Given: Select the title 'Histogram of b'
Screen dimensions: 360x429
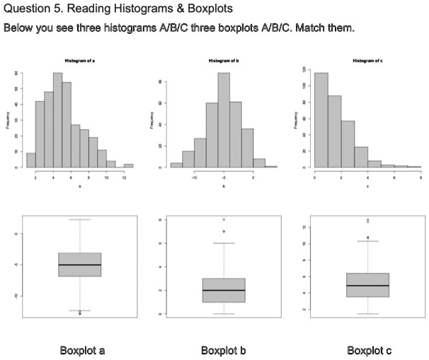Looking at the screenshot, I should point(224,63).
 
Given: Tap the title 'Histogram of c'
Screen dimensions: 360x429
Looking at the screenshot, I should point(367,63).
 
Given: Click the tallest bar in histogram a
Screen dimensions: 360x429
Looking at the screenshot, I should point(57,120).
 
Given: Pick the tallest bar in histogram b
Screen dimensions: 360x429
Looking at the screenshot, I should point(224,120).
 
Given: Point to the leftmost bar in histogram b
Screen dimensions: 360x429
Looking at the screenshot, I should point(176,166).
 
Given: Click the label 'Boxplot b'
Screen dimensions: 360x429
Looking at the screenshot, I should point(223,351).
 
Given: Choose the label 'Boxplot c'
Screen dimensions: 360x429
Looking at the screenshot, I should point(368,351).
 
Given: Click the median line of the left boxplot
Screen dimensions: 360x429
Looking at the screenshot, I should point(80,265).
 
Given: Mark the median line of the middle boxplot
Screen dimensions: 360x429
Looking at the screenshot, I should point(224,290).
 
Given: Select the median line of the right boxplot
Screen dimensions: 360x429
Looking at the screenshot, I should point(368,286).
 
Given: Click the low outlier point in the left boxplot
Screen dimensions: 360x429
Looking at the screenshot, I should point(80,313).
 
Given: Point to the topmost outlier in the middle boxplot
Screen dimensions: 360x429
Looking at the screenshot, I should point(224,219).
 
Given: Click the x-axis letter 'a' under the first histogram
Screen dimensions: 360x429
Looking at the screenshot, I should point(79,187).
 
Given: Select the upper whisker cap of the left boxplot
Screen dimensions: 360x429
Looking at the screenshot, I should point(80,219).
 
